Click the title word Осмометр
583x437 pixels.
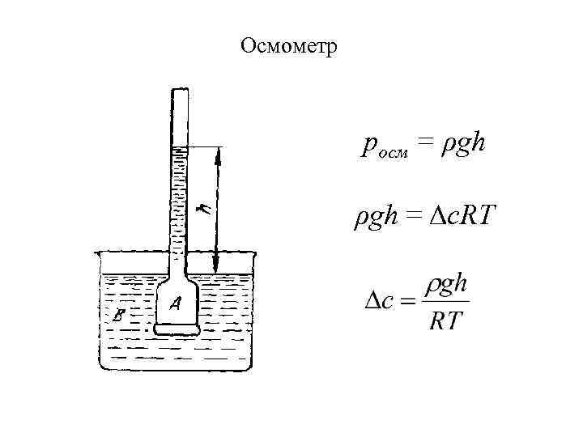point(292,46)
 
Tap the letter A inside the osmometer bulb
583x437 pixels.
point(176,303)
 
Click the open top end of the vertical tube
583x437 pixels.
point(180,88)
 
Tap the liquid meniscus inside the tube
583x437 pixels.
point(180,149)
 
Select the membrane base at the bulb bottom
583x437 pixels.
point(177,329)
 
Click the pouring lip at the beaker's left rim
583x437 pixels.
point(97,253)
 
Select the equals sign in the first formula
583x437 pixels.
point(427,145)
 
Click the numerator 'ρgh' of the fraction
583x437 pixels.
point(447,286)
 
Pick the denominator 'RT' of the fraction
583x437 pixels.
point(446,321)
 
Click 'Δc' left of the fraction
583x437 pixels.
point(378,302)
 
